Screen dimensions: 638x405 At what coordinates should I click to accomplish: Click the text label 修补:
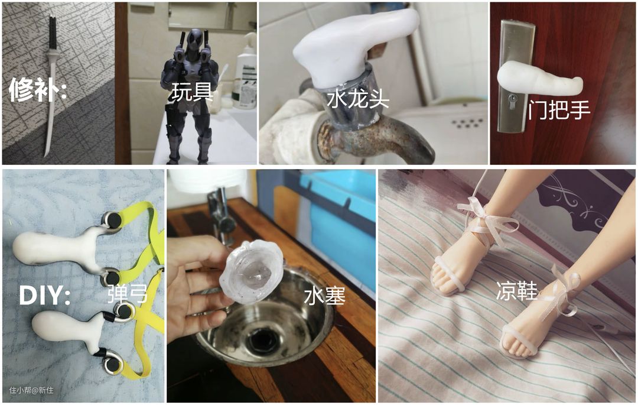coord(37,89)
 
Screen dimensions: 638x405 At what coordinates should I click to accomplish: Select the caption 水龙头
coord(358,99)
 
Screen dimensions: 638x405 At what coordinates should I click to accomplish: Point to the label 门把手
coord(559,109)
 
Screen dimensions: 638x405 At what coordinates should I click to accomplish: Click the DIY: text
coord(45,295)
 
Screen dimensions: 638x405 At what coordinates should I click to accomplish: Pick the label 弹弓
coord(128,294)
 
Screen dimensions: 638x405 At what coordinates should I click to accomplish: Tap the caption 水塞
coord(325,296)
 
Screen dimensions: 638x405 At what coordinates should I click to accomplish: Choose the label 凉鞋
coord(516,291)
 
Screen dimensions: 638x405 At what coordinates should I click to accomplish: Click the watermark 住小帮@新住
coord(31,390)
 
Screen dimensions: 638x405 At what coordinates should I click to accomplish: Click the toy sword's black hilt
coord(53,33)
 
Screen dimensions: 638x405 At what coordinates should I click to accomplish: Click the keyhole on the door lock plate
coord(513,99)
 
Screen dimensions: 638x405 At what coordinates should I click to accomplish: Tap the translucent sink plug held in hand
coord(252,273)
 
